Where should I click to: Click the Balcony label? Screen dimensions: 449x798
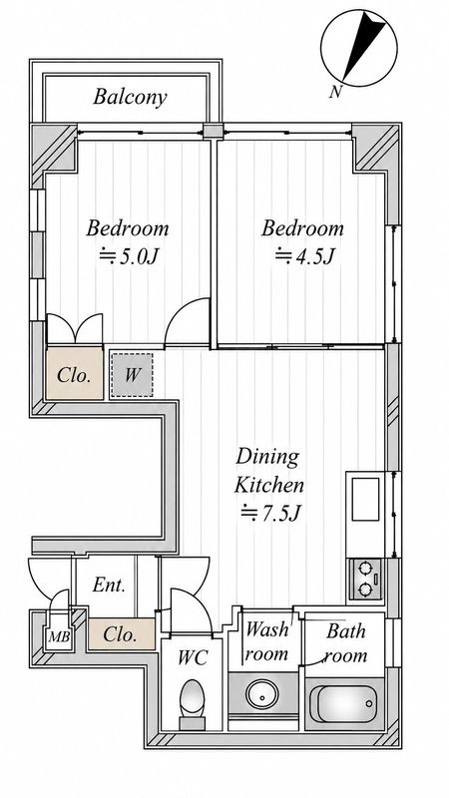[x=130, y=97]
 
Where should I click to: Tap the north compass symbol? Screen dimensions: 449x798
[x=359, y=48]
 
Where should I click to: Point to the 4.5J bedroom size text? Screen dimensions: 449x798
[x=304, y=257]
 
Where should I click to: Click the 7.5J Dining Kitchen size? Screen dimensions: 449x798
[x=268, y=513]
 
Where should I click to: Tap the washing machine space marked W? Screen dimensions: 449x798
[x=132, y=376]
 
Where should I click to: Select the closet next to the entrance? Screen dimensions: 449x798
[x=121, y=634]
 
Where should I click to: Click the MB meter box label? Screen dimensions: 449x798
[x=59, y=636]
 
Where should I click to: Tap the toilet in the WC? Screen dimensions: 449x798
[x=193, y=703]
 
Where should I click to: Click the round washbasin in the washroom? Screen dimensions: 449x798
[x=261, y=693]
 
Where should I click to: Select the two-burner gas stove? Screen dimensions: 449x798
[x=365, y=579]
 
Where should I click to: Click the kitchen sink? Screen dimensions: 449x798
[x=365, y=499]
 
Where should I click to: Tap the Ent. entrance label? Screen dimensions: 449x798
[x=109, y=586]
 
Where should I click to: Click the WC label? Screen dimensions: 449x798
[x=193, y=658]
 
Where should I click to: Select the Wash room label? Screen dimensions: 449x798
[x=265, y=641]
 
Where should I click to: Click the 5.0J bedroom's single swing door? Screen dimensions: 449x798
[x=187, y=321]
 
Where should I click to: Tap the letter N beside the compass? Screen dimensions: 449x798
[x=335, y=92]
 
